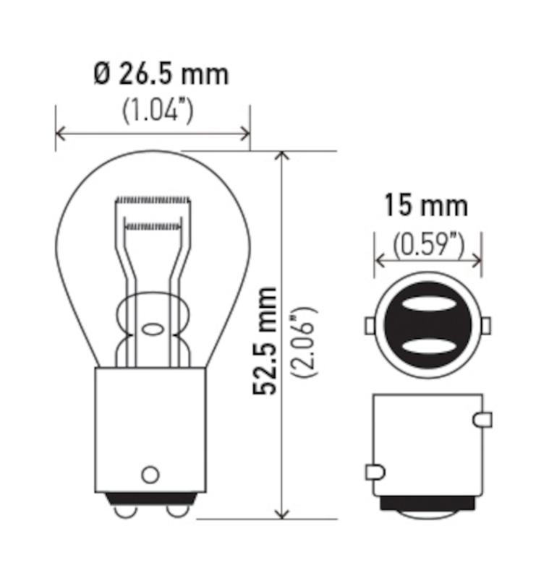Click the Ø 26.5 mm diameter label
(x=161, y=74)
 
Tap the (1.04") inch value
(x=157, y=111)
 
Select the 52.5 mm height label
(x=265, y=340)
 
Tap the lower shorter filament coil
(x=154, y=226)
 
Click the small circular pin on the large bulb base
(x=150, y=475)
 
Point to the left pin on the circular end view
(x=370, y=327)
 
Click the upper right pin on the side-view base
(x=483, y=419)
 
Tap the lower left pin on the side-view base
(x=375, y=473)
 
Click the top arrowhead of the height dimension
(x=283, y=157)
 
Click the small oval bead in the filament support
(x=153, y=329)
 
